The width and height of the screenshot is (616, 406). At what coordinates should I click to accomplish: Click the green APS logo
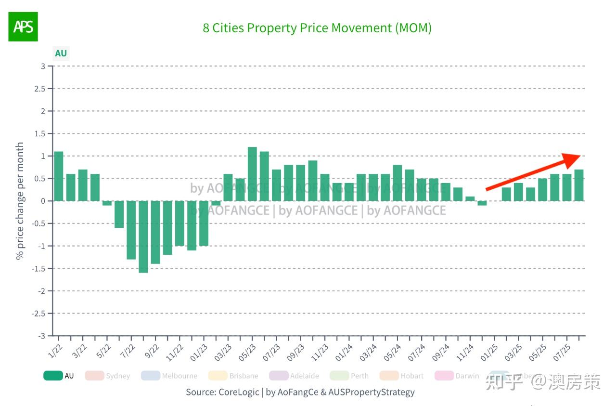(23, 26)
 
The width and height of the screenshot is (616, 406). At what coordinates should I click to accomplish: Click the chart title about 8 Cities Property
(317, 28)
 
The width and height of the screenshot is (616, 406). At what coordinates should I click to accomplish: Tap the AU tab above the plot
(61, 53)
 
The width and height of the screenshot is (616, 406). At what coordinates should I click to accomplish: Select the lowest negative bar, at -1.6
(143, 236)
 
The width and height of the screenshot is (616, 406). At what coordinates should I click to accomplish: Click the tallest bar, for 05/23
(252, 174)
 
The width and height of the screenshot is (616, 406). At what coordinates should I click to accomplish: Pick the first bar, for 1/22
(59, 176)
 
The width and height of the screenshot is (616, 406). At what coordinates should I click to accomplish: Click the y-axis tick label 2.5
(42, 89)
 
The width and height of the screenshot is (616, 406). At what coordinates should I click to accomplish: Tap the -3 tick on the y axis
(42, 336)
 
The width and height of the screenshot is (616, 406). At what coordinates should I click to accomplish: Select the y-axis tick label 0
(43, 201)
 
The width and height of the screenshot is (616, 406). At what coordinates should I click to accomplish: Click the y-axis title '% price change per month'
(20, 201)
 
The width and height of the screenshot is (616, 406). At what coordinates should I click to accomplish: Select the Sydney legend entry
(118, 376)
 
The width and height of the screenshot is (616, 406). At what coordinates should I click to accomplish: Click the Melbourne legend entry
(180, 376)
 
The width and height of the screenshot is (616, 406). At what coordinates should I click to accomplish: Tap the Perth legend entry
(359, 376)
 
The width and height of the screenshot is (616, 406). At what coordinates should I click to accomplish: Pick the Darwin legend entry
(467, 376)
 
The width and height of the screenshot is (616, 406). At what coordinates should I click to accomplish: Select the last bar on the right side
(579, 185)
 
